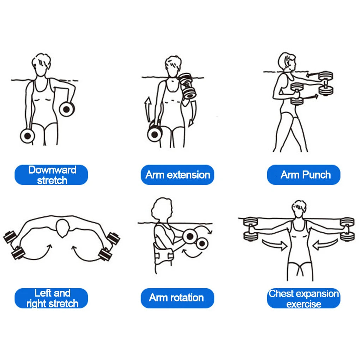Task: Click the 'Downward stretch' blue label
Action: (x=51, y=175)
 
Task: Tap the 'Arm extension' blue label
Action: (x=178, y=175)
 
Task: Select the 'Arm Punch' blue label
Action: (x=304, y=175)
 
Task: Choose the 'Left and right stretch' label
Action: (x=51, y=298)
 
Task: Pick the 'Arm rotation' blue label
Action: (x=178, y=298)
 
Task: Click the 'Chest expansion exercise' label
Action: (x=304, y=298)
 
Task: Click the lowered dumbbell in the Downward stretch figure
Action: (x=28, y=136)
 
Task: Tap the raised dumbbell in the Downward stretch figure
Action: (x=67, y=109)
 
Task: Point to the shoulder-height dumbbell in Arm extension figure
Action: (x=187, y=86)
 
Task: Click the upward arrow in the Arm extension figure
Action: (x=148, y=109)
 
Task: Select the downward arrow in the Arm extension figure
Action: (x=193, y=114)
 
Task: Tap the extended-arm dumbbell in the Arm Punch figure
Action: (x=325, y=83)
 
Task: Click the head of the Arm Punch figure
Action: (x=287, y=62)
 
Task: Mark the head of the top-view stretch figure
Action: (x=63, y=228)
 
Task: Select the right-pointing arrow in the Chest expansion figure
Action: (x=275, y=245)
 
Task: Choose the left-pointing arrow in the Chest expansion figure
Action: (x=325, y=244)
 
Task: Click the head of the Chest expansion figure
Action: (x=299, y=209)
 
